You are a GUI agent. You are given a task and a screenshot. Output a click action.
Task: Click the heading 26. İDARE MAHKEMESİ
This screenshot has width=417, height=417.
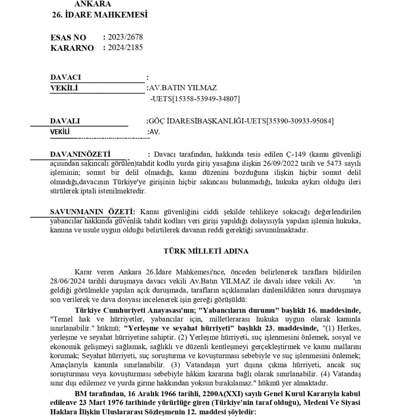(100, 15)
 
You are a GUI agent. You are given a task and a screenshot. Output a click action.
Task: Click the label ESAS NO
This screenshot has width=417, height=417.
(68, 38)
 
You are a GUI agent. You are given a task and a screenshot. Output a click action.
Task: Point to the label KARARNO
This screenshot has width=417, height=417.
(72, 48)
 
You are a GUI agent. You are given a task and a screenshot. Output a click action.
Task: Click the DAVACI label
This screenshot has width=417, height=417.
(66, 77)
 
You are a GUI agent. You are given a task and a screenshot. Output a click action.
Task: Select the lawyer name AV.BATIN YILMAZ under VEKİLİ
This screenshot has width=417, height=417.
(183, 88)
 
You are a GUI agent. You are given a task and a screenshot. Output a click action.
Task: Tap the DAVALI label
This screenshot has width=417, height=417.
(65, 121)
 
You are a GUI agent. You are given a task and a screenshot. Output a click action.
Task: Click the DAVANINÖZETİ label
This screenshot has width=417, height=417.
(80, 155)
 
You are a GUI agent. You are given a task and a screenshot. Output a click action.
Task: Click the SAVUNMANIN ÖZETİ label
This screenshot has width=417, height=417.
(92, 212)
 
